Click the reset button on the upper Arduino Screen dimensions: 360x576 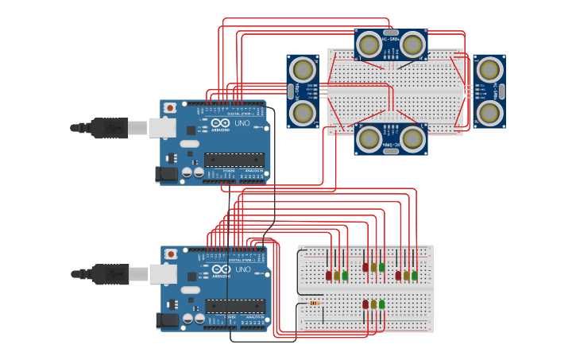click(x=169, y=107)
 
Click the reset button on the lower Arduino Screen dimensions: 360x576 click(x=170, y=254)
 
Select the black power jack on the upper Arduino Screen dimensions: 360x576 click(x=167, y=173)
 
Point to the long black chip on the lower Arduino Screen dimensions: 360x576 click(x=234, y=306)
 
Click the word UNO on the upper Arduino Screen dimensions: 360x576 click(x=242, y=124)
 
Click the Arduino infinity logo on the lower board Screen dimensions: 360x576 click(x=217, y=270)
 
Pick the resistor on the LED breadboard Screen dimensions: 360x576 click(x=315, y=303)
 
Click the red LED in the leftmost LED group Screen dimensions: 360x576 click(x=328, y=275)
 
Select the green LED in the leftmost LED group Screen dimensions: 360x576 click(x=345, y=275)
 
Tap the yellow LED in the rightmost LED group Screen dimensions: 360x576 click(x=406, y=275)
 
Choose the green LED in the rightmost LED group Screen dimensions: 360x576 click(x=415, y=275)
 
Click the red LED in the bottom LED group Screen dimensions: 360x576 click(x=365, y=304)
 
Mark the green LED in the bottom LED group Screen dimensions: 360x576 click(x=382, y=304)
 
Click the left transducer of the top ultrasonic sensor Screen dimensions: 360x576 click(x=369, y=45)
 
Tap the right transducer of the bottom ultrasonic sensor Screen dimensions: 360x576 click(x=412, y=139)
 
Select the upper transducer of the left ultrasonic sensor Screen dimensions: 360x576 click(x=302, y=70)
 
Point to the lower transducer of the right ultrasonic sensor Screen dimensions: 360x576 click(x=489, y=114)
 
